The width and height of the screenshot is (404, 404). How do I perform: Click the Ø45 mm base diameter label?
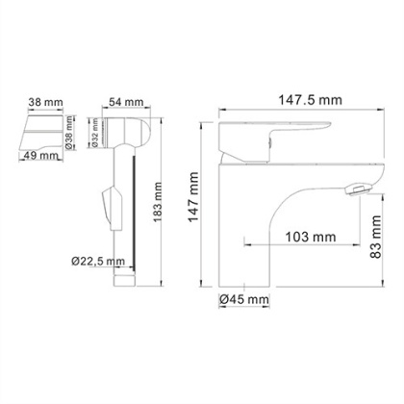click(242, 299)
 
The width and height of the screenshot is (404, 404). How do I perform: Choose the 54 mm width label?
click(122, 102)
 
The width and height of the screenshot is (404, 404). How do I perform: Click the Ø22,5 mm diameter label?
click(98, 260)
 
